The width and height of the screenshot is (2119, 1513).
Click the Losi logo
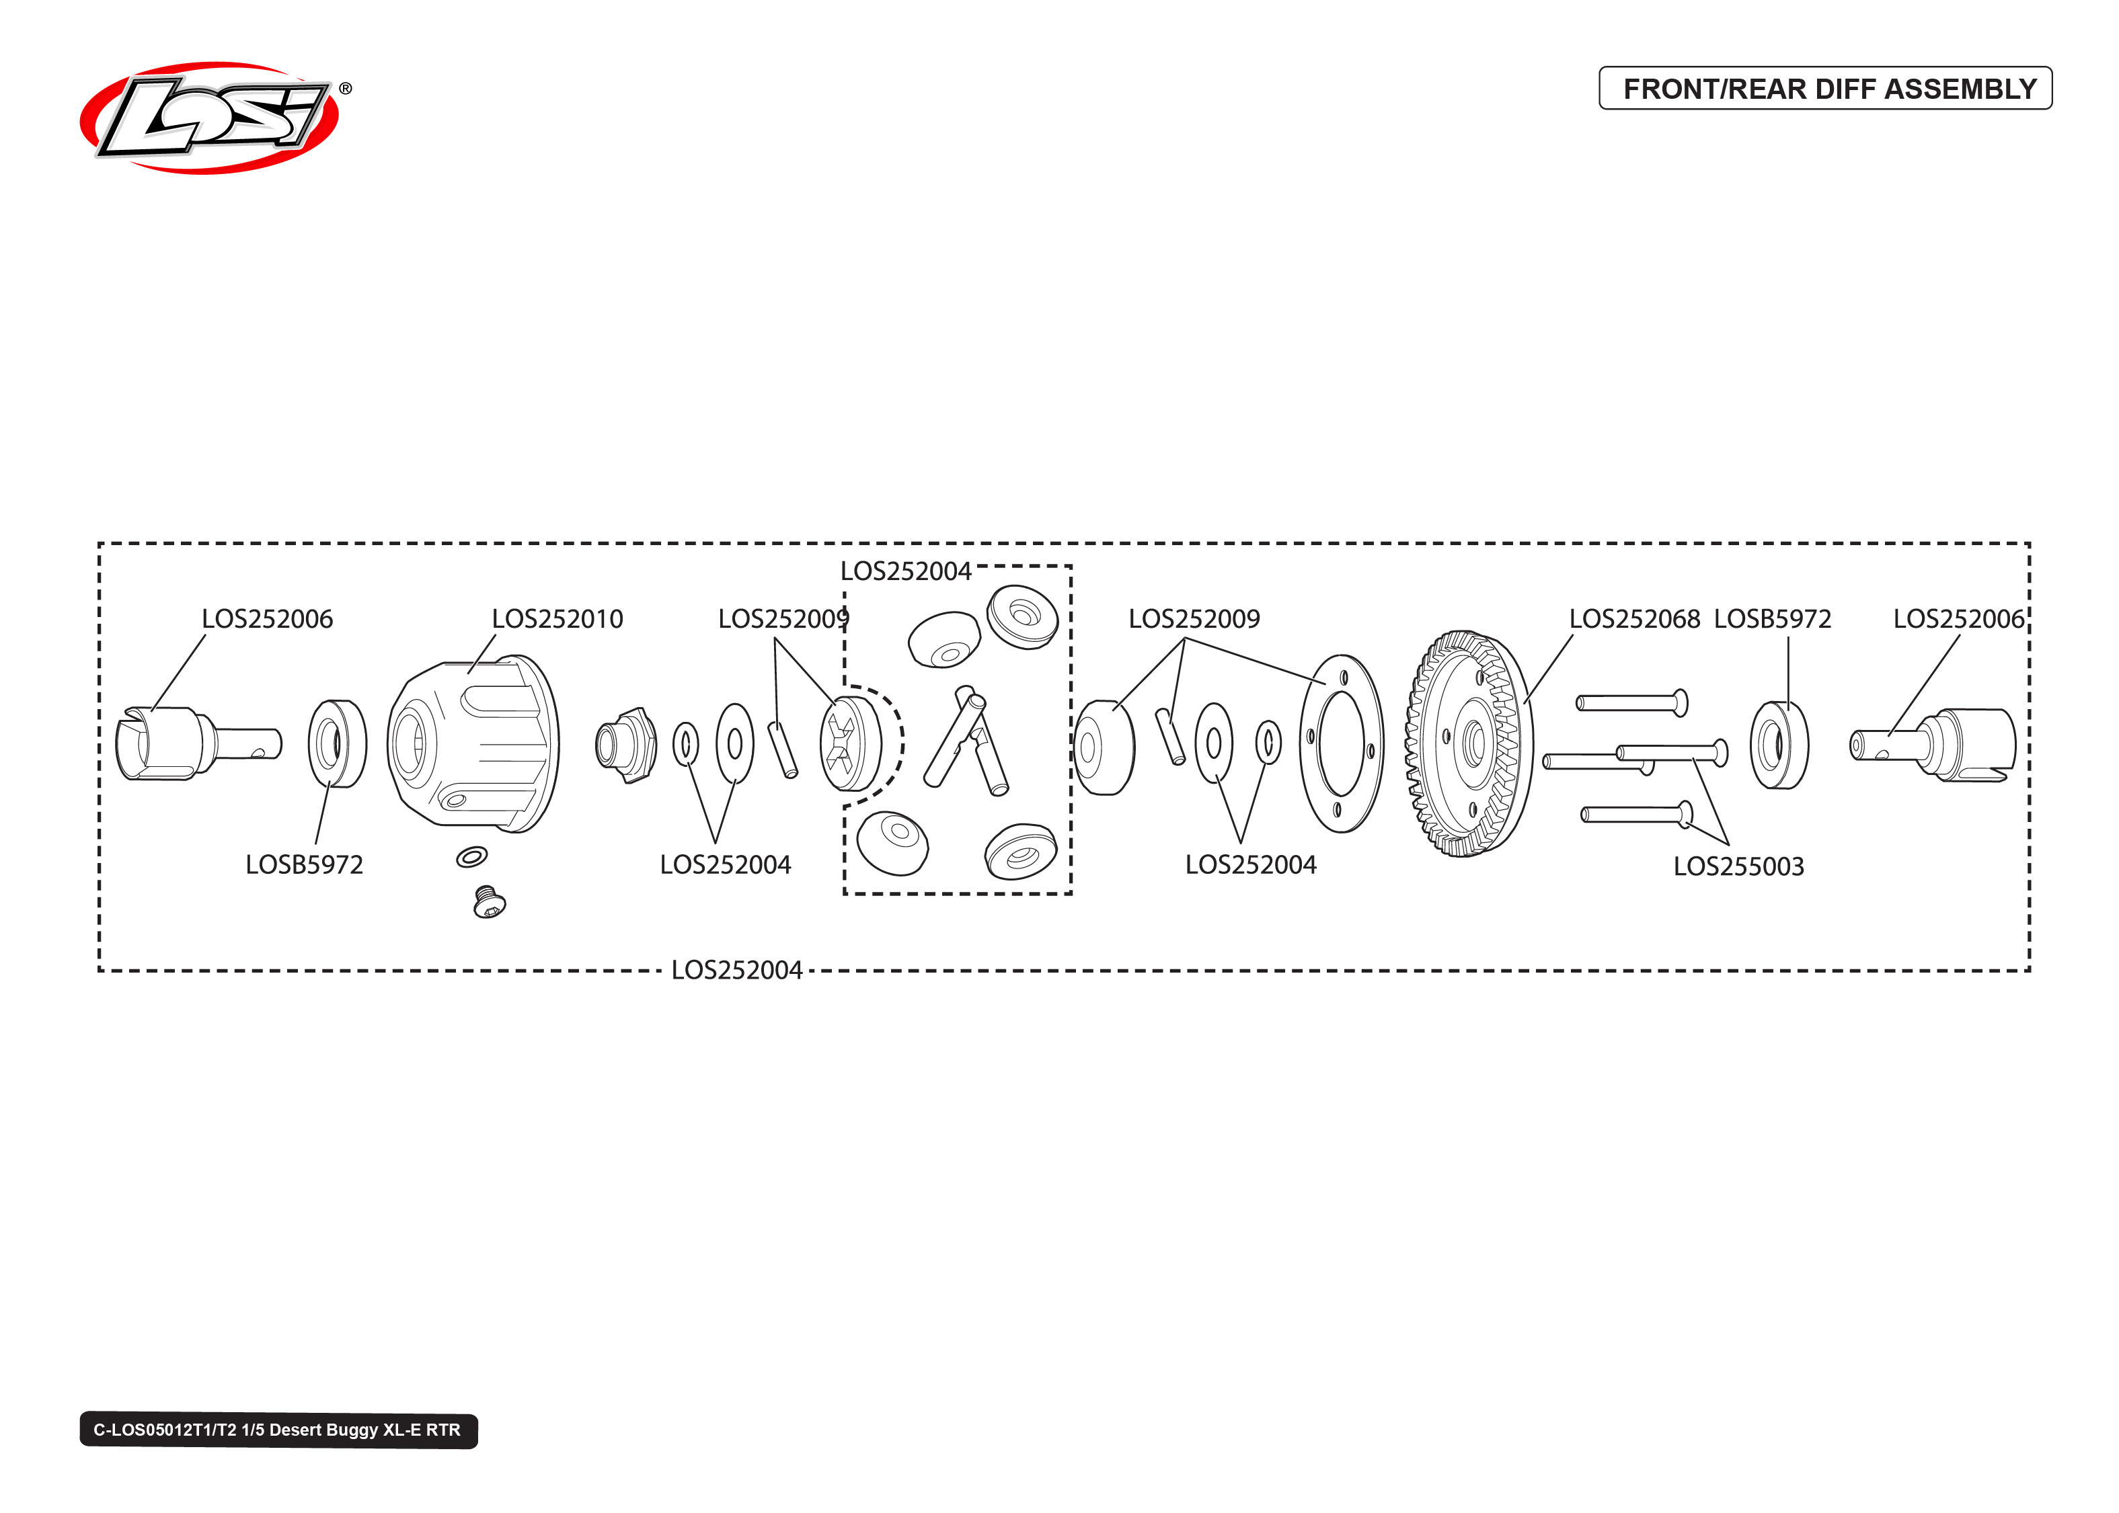coord(210,118)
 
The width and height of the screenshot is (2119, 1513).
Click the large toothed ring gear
coord(1467,743)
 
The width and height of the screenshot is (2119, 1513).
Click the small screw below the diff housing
coord(489,902)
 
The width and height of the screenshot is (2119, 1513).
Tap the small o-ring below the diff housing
coord(471,856)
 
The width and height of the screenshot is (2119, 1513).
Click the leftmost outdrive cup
coord(196,743)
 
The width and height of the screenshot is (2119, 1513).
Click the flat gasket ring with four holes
coord(1341,743)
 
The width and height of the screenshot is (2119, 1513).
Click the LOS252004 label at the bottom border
coord(736,970)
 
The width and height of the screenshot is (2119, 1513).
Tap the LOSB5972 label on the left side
coord(304,864)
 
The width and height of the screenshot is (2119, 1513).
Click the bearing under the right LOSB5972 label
coord(1778,744)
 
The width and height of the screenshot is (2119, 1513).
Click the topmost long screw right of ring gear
coord(1631,702)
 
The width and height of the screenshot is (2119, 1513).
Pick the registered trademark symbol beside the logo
coord(345,89)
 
